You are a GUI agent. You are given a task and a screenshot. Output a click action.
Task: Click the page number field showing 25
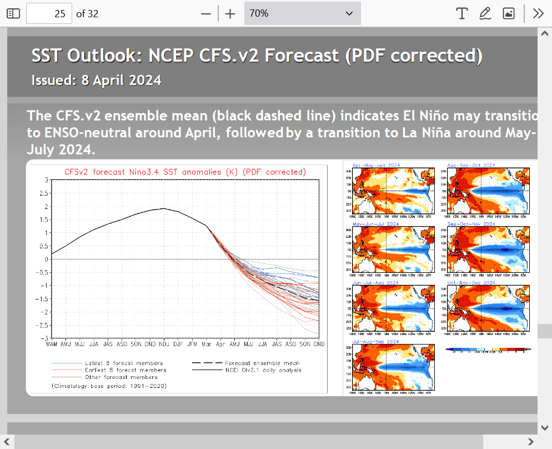pyautogui.click(x=49, y=13)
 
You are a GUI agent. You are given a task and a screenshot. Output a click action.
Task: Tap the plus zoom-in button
pyautogui.click(x=230, y=13)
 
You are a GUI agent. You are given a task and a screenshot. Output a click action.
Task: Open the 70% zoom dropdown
pyautogui.click(x=302, y=13)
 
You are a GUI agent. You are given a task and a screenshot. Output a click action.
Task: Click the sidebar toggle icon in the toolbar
pyautogui.click(x=13, y=13)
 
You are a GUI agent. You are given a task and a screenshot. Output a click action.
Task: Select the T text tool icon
pyautogui.click(x=461, y=13)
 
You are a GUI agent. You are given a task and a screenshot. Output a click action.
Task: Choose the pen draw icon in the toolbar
pyautogui.click(x=485, y=13)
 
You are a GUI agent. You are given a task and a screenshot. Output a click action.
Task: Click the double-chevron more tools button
pyautogui.click(x=538, y=13)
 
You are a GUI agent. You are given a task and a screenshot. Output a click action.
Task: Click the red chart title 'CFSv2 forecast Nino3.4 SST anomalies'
pyautogui.click(x=185, y=172)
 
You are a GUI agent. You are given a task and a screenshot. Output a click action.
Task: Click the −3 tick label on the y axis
pyautogui.click(x=42, y=338)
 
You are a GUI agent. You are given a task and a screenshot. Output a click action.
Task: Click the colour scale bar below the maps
pyautogui.click(x=488, y=350)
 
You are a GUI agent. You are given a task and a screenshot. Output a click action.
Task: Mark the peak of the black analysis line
pyautogui.click(x=164, y=208)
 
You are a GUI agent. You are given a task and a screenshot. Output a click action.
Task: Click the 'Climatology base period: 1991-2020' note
pyautogui.click(x=109, y=385)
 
